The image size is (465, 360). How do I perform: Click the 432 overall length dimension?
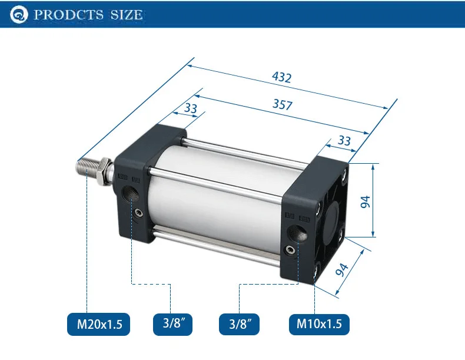pyautogui.click(x=282, y=77)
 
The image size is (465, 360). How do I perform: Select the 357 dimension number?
pyautogui.click(x=283, y=104)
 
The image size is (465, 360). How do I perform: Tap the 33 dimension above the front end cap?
pyautogui.click(x=190, y=108)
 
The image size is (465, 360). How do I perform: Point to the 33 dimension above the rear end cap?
pyautogui.click(x=344, y=140)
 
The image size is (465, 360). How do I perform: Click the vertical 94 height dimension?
pyautogui.click(x=366, y=202)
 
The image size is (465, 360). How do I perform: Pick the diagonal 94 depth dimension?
pyautogui.click(x=341, y=269)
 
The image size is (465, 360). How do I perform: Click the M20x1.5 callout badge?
pyautogui.click(x=99, y=324)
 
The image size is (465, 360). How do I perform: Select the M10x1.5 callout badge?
pyautogui.click(x=319, y=324)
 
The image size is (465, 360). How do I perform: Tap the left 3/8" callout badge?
pyautogui.click(x=172, y=324)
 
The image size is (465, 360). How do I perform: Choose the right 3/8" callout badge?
pyautogui.click(x=239, y=324)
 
